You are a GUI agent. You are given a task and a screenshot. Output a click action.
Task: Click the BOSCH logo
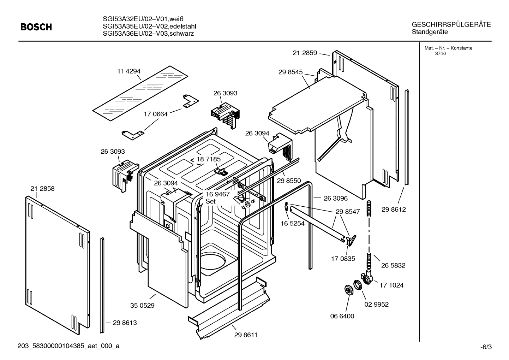point(36,27)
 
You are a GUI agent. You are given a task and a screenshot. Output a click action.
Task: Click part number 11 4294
point(129,71)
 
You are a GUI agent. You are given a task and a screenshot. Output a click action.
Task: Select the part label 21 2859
point(305,53)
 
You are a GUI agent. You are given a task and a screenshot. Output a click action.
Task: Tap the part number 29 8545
point(290,72)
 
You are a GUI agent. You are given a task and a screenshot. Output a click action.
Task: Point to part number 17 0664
point(156,114)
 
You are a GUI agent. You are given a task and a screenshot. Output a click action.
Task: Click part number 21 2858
point(42,189)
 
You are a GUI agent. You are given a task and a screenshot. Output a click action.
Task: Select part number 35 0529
point(142,305)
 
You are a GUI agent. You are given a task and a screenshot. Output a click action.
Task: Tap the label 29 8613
point(125,323)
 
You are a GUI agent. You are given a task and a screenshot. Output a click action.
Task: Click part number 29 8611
point(246,335)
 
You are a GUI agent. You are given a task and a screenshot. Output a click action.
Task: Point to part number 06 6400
point(342,316)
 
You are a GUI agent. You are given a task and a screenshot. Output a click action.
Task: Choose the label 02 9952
point(376,304)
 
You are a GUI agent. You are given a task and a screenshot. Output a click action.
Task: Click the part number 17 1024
point(391,285)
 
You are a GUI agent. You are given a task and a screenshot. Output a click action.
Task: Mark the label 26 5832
point(393,265)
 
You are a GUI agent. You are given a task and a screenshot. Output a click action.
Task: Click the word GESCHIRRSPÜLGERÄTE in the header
point(451,25)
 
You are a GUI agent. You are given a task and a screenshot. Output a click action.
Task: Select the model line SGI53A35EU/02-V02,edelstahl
point(149,26)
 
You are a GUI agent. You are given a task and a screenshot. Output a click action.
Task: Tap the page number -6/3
point(486,347)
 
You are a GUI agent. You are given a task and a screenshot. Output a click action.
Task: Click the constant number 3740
point(440,54)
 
